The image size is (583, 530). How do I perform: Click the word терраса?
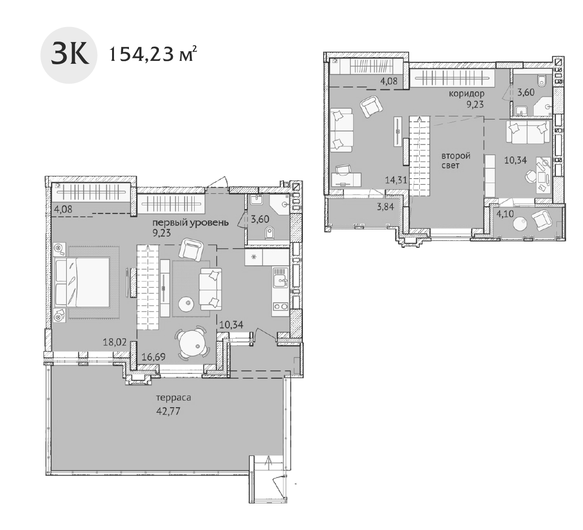pos(173,398)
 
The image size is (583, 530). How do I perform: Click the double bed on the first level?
pos(83,282)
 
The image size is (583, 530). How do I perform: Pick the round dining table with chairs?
pos(192,344)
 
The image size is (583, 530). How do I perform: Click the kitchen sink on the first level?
pos(280,278)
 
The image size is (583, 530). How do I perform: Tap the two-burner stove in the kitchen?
pos(280,306)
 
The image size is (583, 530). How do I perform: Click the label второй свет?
pos(455,161)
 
